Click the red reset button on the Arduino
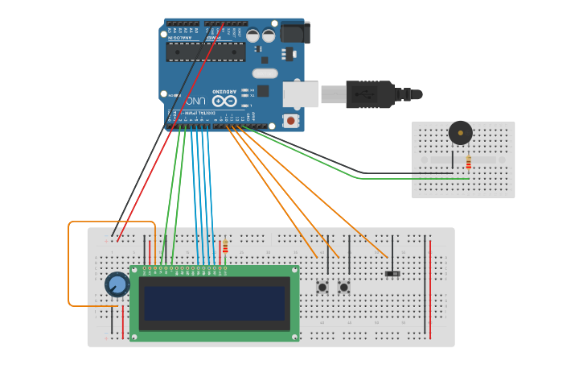click(x=290, y=121)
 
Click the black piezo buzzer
click(x=461, y=133)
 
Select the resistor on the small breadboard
click(x=469, y=163)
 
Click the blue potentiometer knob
click(x=117, y=284)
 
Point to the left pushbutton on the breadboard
click(x=322, y=287)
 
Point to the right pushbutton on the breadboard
click(x=344, y=287)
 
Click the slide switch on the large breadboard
click(x=392, y=274)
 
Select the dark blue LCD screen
click(x=214, y=304)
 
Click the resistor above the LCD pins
click(x=225, y=246)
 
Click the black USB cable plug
click(x=370, y=94)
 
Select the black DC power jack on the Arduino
click(x=294, y=32)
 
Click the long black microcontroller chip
click(x=206, y=52)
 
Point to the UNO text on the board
click(x=193, y=102)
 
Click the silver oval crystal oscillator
click(x=265, y=73)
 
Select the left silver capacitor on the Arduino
click(x=252, y=35)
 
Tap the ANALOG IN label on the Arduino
click(x=175, y=37)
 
